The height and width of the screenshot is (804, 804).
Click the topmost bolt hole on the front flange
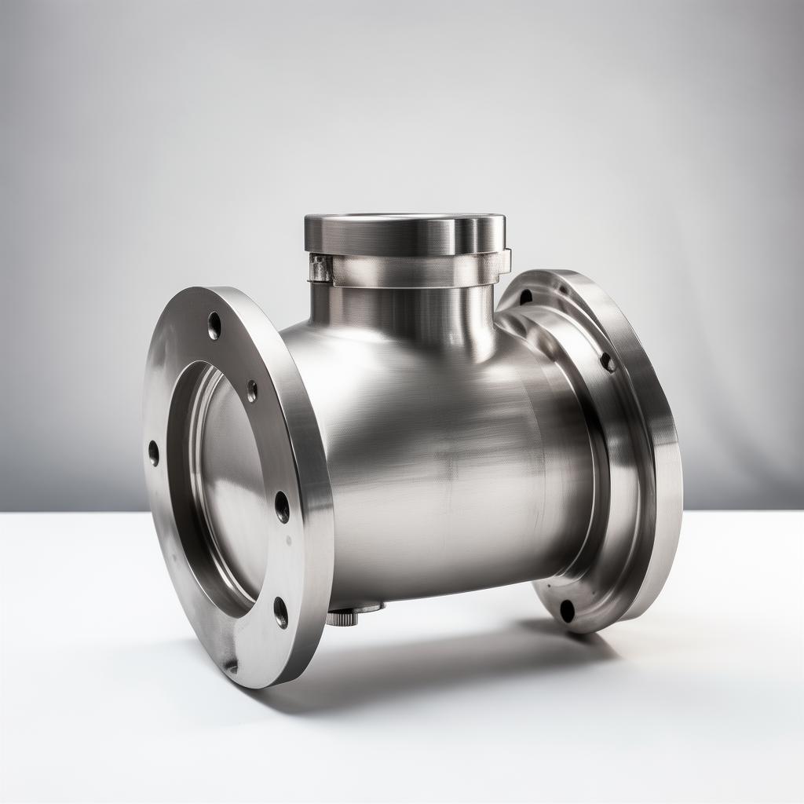pos(214,325)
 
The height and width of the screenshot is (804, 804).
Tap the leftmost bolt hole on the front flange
pos(153,453)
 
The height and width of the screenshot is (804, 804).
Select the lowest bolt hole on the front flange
pos(280,612)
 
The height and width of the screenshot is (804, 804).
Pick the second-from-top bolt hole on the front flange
pos(251,390)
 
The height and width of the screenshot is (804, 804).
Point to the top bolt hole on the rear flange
pos(525,297)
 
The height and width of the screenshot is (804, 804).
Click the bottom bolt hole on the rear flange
pos(567,610)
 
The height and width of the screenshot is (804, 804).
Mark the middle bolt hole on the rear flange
pos(607,362)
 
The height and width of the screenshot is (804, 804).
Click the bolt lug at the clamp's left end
pos(320,269)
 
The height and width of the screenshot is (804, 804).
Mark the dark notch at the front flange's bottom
pos(230,666)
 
